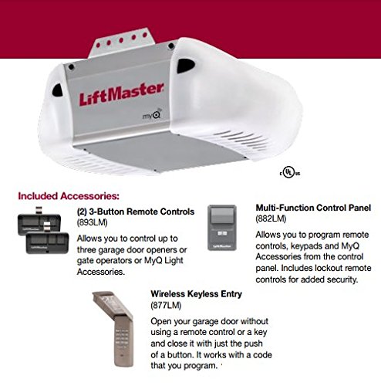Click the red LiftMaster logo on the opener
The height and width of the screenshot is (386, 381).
pyautogui.click(x=121, y=94)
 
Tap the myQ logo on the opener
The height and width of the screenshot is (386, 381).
pyautogui.click(x=152, y=114)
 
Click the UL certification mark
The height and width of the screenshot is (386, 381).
pyautogui.click(x=290, y=171)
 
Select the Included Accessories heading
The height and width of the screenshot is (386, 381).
pyautogui.click(x=69, y=196)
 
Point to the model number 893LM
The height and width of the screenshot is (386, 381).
pyautogui.click(x=93, y=222)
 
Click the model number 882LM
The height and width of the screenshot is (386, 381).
pyautogui.click(x=271, y=218)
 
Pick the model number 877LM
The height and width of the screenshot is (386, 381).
pyautogui.click(x=166, y=305)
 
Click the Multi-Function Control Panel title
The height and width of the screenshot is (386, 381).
pyautogui.click(x=313, y=208)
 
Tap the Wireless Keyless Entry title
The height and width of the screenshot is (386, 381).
pyautogui.click(x=197, y=294)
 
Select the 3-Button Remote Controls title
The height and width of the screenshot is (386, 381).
pyautogui.click(x=136, y=212)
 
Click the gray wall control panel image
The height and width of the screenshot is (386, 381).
pyautogui.click(x=222, y=228)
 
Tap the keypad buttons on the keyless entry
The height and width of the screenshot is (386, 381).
pyautogui.click(x=122, y=337)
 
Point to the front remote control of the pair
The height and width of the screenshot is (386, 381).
pyautogui.click(x=47, y=242)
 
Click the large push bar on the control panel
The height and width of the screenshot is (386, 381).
pyautogui.click(x=222, y=215)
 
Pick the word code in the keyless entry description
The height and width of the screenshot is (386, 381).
pyautogui.click(x=262, y=354)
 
